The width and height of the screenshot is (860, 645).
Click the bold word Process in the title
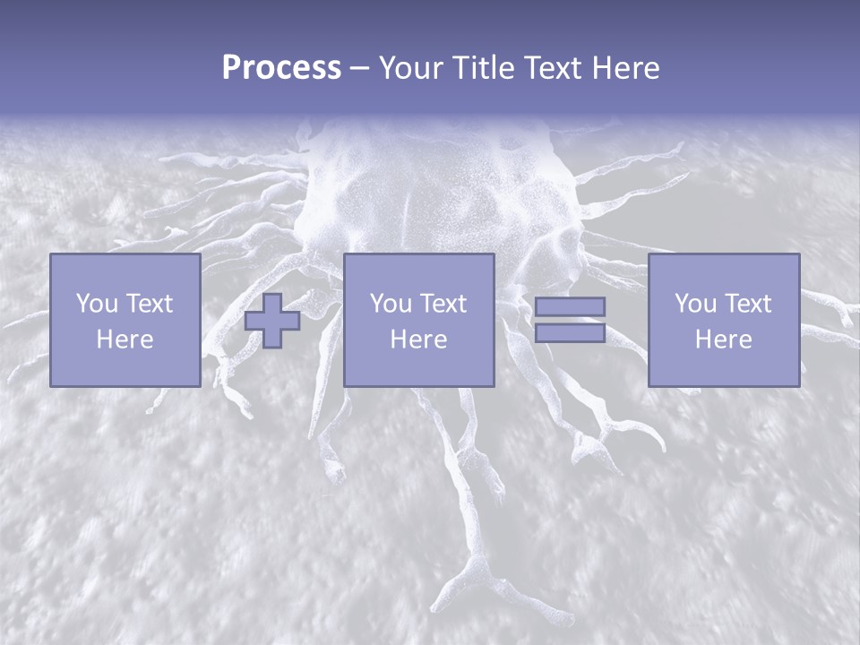click(x=281, y=68)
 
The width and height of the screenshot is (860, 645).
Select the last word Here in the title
click(x=626, y=68)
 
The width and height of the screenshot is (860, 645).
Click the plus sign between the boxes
click(x=272, y=321)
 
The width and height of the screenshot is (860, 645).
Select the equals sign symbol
click(x=570, y=320)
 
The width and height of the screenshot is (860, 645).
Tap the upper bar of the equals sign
click(x=570, y=307)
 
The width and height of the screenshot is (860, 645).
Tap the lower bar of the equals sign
click(x=570, y=333)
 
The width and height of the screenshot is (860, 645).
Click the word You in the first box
click(x=96, y=304)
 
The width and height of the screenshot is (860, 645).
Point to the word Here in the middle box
click(x=419, y=340)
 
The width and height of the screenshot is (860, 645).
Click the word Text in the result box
click(x=746, y=304)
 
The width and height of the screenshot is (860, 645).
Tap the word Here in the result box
click(x=724, y=340)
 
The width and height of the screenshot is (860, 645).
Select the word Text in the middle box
click(x=442, y=304)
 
